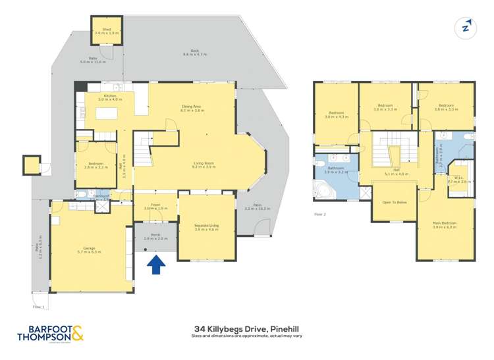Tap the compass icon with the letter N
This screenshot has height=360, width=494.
[x=466, y=27]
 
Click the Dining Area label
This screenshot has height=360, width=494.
[x=192, y=109]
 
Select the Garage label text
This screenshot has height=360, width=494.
[x=89, y=250]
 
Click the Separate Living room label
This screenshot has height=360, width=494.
[x=207, y=228]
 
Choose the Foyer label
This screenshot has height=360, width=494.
[x=155, y=206]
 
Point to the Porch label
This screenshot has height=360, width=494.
[x=155, y=237]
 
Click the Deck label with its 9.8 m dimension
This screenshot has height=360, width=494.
[x=195, y=53]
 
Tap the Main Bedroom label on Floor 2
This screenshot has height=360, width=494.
[x=445, y=225]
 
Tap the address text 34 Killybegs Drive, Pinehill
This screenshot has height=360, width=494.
[x=247, y=327]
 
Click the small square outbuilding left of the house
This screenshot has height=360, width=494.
[x=31, y=165]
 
